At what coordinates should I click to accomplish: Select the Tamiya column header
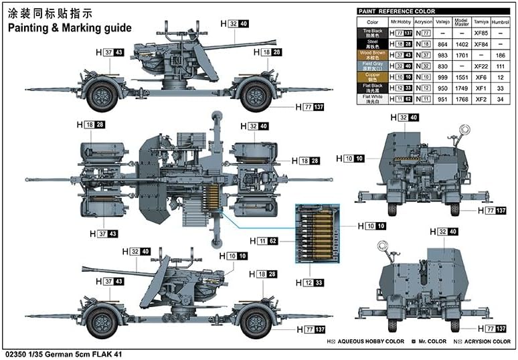tap(479, 21)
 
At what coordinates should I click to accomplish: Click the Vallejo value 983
tap(441, 55)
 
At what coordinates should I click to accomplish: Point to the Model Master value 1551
tap(460, 77)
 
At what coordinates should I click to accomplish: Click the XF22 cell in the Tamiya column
tap(479, 66)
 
